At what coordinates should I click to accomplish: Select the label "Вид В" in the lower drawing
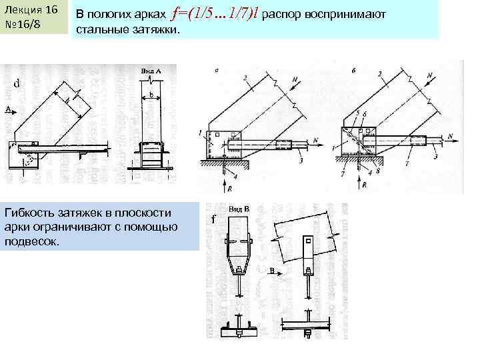(x=239, y=209)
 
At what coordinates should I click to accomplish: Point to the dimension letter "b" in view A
(x=151, y=95)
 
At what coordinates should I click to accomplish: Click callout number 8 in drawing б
(x=377, y=171)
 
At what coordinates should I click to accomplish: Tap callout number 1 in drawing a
(x=200, y=134)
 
